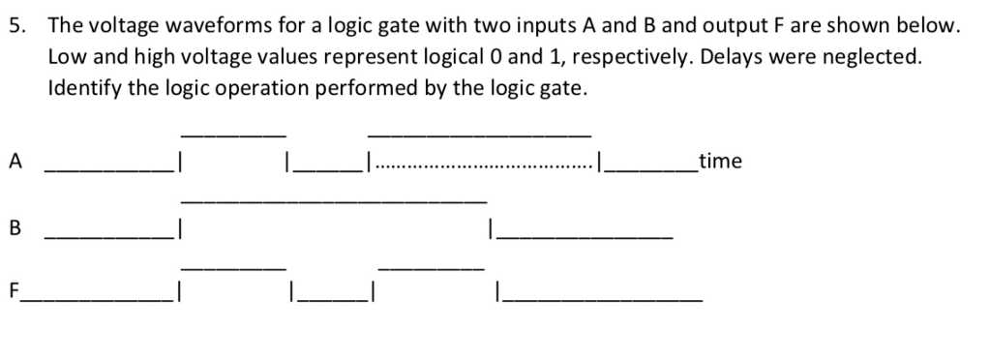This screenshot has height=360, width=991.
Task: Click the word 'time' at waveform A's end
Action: coord(720,162)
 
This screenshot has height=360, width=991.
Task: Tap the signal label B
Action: coord(15,229)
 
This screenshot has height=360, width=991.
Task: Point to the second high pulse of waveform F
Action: coord(430,267)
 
